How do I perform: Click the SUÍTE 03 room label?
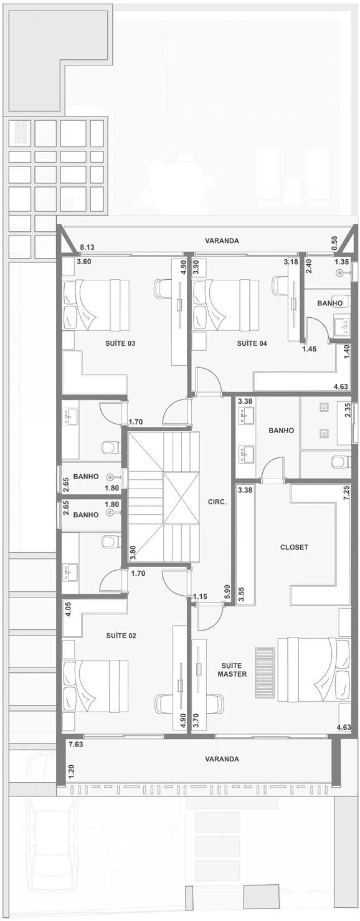120,343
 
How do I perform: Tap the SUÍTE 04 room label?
252,343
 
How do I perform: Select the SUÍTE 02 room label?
121,635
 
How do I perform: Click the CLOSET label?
294,547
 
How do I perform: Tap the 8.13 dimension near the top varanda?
87,247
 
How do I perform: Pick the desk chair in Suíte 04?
281,285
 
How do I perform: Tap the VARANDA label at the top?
222,241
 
